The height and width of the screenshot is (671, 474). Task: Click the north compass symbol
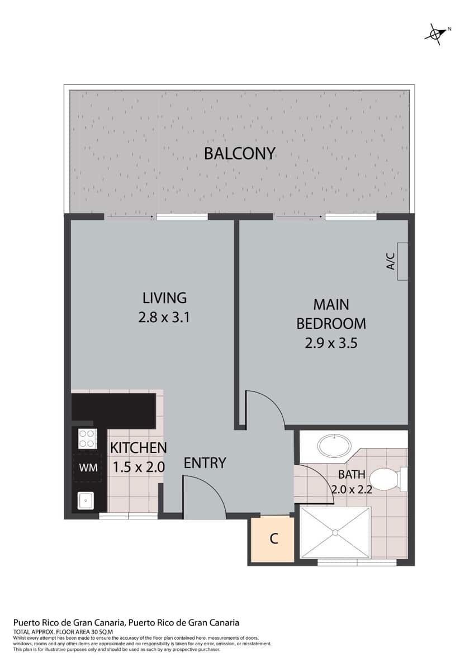pyautogui.click(x=436, y=34)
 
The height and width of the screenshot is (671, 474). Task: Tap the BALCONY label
pyautogui.click(x=240, y=153)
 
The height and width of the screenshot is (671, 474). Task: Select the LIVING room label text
pyautogui.click(x=164, y=297)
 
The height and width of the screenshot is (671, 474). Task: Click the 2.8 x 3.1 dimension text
pyautogui.click(x=164, y=318)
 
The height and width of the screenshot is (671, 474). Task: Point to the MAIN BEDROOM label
pyautogui.click(x=331, y=314)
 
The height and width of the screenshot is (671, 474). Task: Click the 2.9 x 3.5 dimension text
pyautogui.click(x=331, y=343)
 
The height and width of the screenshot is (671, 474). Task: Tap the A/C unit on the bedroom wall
pyautogui.click(x=402, y=261)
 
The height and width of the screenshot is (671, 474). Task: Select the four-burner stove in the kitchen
pyautogui.click(x=87, y=438)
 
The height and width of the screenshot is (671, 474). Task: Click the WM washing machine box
pyautogui.click(x=88, y=467)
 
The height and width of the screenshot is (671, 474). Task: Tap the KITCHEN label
pyautogui.click(x=138, y=448)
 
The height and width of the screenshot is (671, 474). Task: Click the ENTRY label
pyautogui.click(x=205, y=463)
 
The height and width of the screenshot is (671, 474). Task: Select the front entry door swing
pyautogui.click(x=204, y=495)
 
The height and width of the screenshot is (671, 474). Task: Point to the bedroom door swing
pyautogui.click(x=264, y=409)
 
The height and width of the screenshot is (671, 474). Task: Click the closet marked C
pyautogui.click(x=273, y=540)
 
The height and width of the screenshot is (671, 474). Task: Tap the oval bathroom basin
pyautogui.click(x=334, y=446)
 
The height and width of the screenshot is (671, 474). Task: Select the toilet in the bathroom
pyautogui.click(x=386, y=479)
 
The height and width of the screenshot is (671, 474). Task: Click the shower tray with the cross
pyautogui.click(x=335, y=532)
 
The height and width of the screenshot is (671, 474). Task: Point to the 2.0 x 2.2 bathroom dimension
pyautogui.click(x=352, y=489)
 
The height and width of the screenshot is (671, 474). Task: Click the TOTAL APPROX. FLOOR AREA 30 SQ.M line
pyautogui.click(x=64, y=631)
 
